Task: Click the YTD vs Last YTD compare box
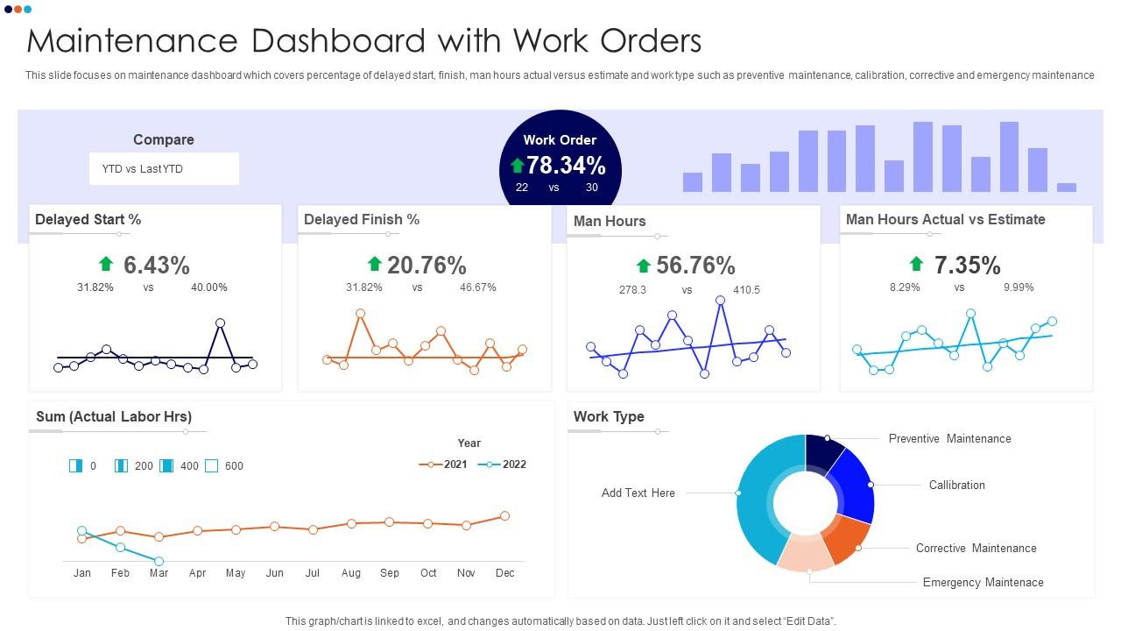click(x=164, y=169)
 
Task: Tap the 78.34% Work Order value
click(x=566, y=166)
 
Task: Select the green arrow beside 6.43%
click(x=106, y=264)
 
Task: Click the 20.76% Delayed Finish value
click(x=427, y=265)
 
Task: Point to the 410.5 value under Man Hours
click(x=746, y=290)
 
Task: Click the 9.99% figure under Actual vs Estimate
click(x=1019, y=287)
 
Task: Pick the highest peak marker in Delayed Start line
click(x=220, y=323)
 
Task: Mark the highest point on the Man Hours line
click(x=720, y=301)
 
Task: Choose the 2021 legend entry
click(x=443, y=464)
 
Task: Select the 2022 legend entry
click(x=502, y=464)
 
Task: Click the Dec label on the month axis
click(x=505, y=573)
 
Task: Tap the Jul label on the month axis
click(x=313, y=573)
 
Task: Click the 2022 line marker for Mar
click(x=159, y=561)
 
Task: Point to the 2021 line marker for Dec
click(x=505, y=516)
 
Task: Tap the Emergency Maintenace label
click(x=984, y=583)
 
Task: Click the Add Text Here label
click(x=638, y=493)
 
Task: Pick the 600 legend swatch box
click(x=212, y=465)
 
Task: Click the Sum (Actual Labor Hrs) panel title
click(x=114, y=416)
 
